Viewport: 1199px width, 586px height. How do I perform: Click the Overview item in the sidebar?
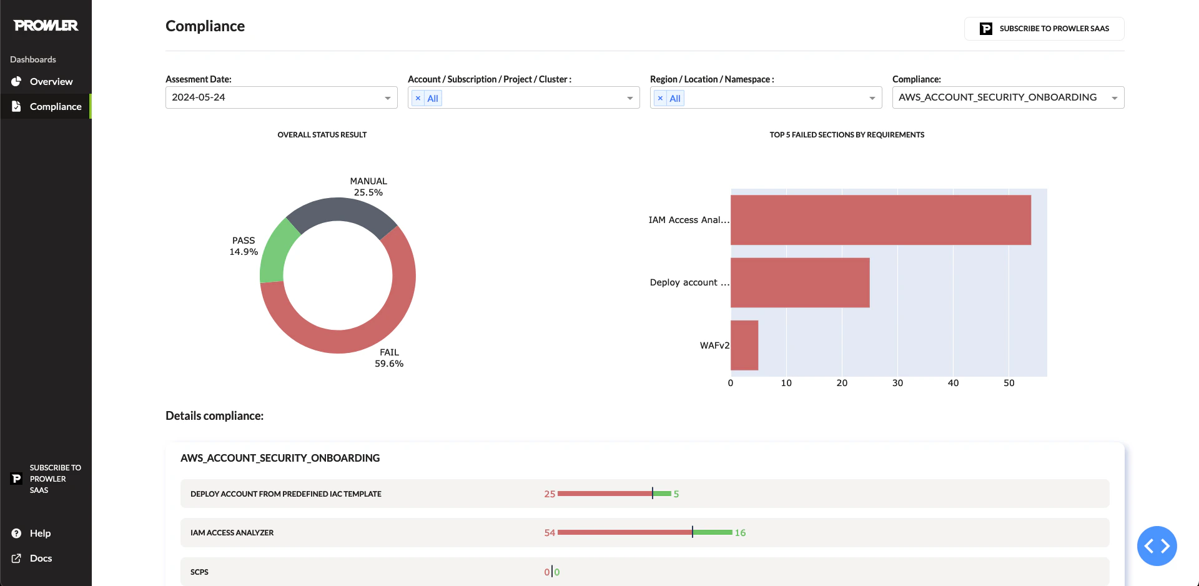coord(51,82)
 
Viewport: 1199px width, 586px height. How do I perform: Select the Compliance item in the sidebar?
coord(55,107)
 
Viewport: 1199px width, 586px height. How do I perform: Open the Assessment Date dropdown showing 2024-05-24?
coord(281,97)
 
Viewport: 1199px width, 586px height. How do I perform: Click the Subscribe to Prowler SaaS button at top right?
coord(1044,29)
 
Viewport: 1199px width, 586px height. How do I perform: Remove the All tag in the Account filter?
coord(418,98)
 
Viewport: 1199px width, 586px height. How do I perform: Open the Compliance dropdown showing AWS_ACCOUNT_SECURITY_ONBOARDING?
coord(1008,97)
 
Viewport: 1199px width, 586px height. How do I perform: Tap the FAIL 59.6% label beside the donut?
coord(389,358)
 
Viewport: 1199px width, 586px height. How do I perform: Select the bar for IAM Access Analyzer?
coord(881,220)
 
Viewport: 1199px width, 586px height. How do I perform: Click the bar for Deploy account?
coord(800,282)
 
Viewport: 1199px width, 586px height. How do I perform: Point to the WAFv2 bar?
coord(744,345)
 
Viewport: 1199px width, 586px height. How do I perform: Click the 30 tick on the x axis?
coord(897,383)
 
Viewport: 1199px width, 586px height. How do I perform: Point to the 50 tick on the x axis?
coord(1009,383)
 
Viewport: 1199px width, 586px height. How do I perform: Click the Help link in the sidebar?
coord(40,534)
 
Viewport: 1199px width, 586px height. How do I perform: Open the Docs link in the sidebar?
coord(41,559)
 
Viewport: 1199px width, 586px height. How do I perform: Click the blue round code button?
coord(1157,546)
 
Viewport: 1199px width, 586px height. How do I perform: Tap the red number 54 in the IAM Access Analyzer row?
coord(550,533)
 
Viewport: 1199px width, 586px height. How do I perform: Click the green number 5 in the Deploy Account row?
coord(676,494)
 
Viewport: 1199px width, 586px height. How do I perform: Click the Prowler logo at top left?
coord(46,26)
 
